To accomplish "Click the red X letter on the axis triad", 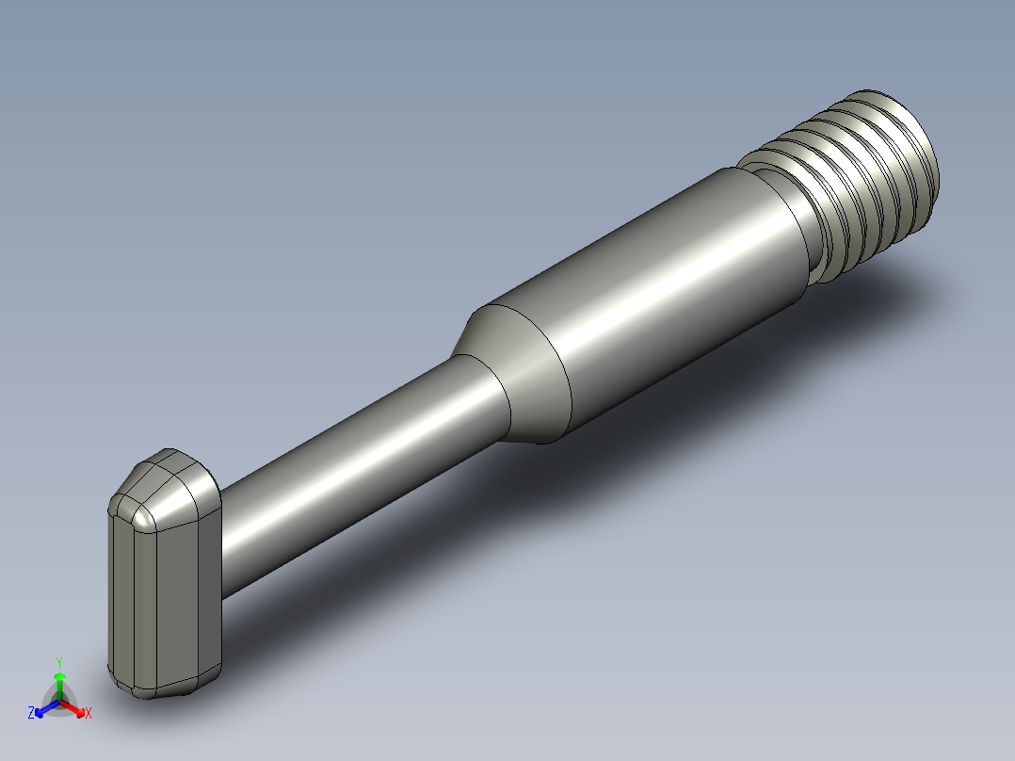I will point(89,714).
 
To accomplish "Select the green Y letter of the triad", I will point(58,663).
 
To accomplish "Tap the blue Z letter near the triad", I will point(31,713).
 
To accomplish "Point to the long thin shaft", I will point(358,471).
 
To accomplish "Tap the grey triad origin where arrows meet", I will point(59,702).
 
